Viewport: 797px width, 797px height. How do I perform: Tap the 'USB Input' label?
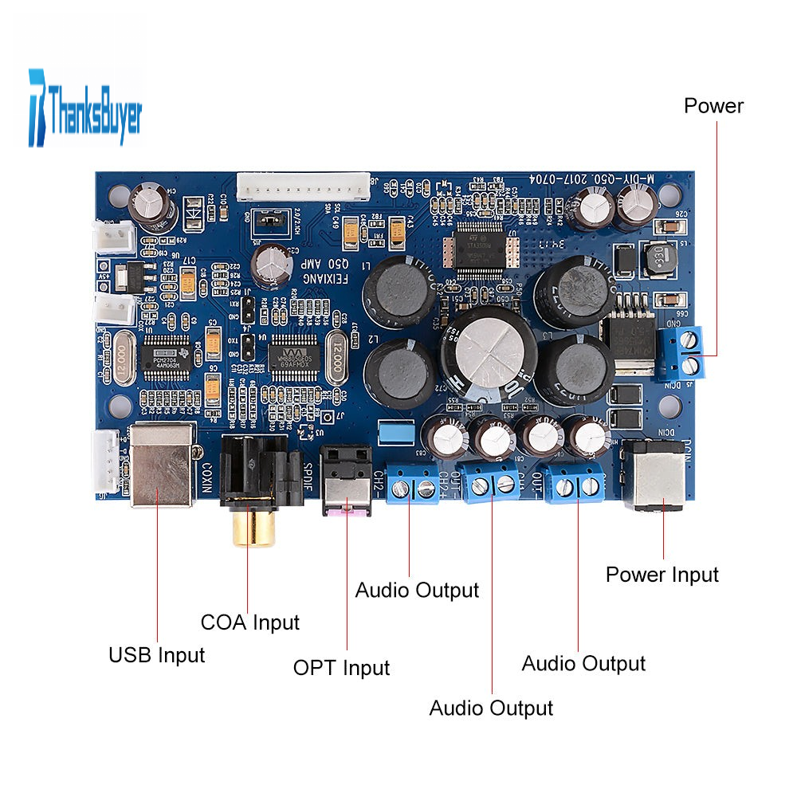pyautogui.click(x=156, y=655)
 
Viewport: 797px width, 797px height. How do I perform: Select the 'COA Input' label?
pyautogui.click(x=249, y=622)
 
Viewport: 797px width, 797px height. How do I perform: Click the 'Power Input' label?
pyautogui.click(x=662, y=574)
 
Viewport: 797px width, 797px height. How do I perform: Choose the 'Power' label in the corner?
pyautogui.click(x=713, y=106)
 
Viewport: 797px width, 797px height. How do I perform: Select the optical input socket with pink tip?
pyautogui.click(x=347, y=486)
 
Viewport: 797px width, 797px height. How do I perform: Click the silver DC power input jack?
pyautogui.click(x=654, y=478)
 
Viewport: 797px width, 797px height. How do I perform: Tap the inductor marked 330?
pyautogui.click(x=658, y=259)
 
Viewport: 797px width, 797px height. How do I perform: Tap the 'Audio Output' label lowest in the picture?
pyautogui.click(x=491, y=707)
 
